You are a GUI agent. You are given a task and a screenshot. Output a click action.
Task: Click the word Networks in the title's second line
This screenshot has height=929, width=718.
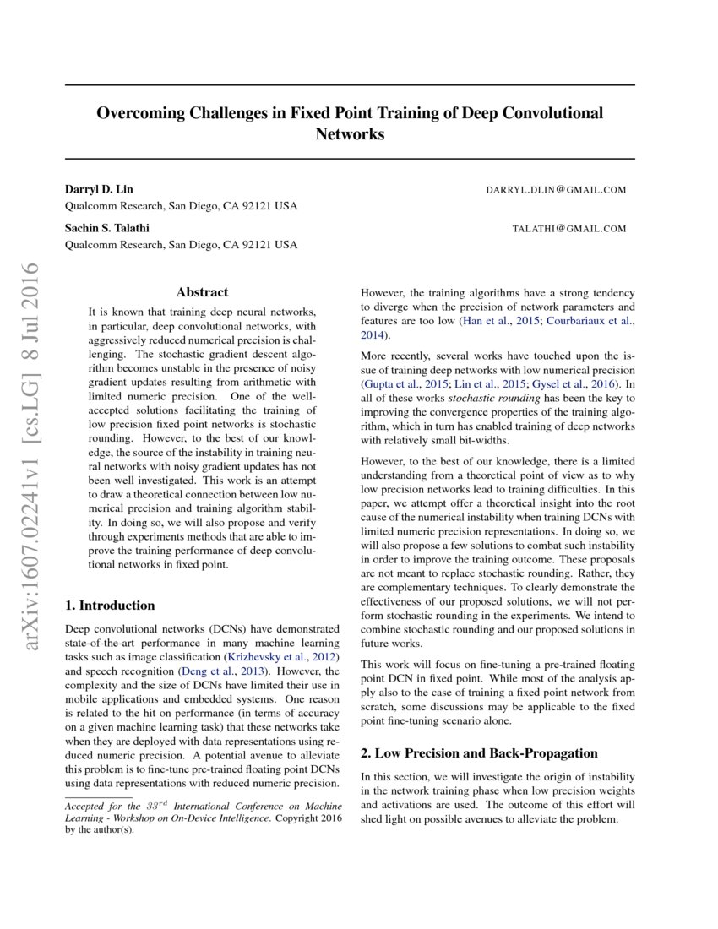(350, 134)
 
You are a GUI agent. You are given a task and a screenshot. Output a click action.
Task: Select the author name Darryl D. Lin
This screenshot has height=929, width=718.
(99, 189)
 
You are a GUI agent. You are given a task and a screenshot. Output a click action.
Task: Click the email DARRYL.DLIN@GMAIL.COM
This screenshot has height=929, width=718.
(556, 190)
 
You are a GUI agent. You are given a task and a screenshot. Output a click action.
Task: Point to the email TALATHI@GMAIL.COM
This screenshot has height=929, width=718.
(569, 229)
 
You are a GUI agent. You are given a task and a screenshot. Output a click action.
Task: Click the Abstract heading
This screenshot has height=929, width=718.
(202, 292)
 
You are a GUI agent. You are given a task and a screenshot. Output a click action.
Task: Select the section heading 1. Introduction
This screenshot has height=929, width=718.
(110, 606)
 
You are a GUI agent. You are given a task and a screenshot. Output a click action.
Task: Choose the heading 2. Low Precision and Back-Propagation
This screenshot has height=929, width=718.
(479, 753)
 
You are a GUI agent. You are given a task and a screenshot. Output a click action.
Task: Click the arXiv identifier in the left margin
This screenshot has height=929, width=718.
(34, 456)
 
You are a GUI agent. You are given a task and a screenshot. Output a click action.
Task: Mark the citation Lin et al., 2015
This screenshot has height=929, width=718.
(481, 383)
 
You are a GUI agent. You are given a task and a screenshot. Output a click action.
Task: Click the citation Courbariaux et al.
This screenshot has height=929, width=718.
(592, 321)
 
